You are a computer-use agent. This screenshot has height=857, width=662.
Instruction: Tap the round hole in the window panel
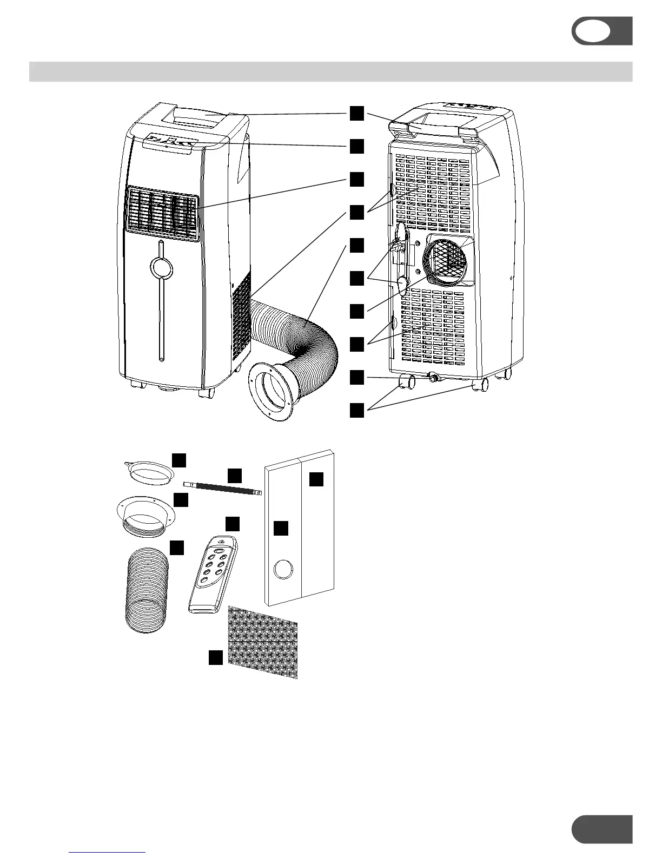(x=283, y=570)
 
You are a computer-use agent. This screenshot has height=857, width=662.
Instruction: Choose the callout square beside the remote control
(x=233, y=524)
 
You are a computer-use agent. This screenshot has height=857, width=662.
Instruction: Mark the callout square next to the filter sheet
(x=216, y=657)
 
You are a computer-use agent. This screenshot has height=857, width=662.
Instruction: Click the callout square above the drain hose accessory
(x=234, y=475)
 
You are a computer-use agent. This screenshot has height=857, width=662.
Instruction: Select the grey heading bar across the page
(x=330, y=71)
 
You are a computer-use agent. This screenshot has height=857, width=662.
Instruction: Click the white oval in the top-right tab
(x=593, y=31)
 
